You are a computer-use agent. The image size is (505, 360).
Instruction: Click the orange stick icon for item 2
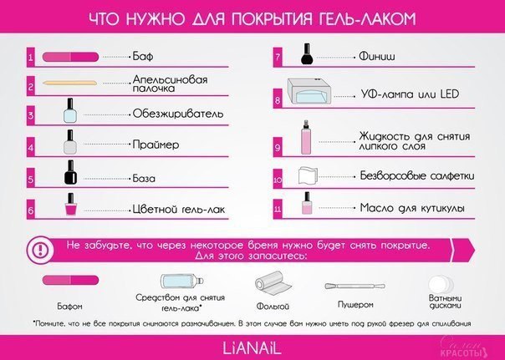tap(69, 83)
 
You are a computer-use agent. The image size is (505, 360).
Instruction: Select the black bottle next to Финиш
tap(307, 54)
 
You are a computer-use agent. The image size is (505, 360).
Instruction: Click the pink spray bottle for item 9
tap(306, 137)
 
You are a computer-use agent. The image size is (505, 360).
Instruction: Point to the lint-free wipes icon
tap(308, 175)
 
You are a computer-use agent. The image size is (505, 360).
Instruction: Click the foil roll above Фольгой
tap(273, 283)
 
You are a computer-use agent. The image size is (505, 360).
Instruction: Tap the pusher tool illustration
tap(355, 286)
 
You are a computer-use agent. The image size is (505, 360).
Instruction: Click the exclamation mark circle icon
tap(40, 250)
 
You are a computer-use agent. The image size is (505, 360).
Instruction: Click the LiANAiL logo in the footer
tap(252, 348)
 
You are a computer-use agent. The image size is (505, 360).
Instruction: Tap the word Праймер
tap(156, 145)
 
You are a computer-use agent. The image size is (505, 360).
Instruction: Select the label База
tap(144, 178)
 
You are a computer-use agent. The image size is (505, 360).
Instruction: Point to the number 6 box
tap(31, 210)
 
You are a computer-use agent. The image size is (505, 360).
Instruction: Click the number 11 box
tap(278, 209)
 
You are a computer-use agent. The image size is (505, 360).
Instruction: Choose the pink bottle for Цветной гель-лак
tap(70, 205)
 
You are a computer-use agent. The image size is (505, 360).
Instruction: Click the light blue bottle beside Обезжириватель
tap(70, 110)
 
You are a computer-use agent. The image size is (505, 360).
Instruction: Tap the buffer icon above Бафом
tap(70, 280)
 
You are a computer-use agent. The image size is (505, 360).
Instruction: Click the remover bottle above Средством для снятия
tap(182, 281)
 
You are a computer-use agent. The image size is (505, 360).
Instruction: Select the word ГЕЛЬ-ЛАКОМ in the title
tap(366, 18)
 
